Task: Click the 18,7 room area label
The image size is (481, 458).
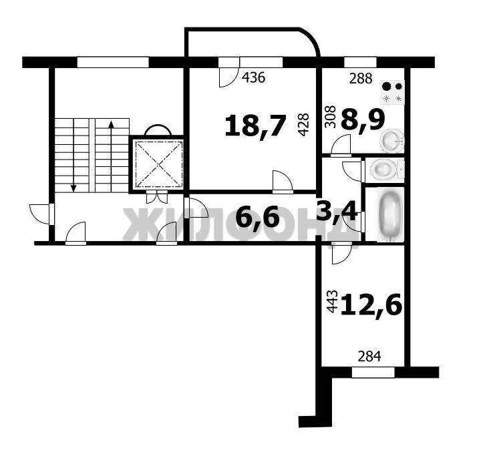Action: [255, 126]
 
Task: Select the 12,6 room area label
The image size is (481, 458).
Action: [371, 304]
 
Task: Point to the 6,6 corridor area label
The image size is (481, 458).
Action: [258, 217]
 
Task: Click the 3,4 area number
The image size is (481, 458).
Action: [337, 212]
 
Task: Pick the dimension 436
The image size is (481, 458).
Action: [253, 77]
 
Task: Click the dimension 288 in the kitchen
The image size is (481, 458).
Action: [361, 79]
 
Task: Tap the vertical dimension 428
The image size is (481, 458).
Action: [303, 124]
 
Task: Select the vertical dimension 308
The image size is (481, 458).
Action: [331, 117]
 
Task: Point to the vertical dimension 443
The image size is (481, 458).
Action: [332, 302]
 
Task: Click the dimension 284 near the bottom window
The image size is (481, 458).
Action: [369, 357]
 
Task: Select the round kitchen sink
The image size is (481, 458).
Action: [391, 141]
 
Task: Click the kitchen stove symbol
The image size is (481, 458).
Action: [392, 92]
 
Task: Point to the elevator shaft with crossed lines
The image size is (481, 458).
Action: [158, 164]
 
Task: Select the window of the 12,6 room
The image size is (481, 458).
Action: [373, 372]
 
